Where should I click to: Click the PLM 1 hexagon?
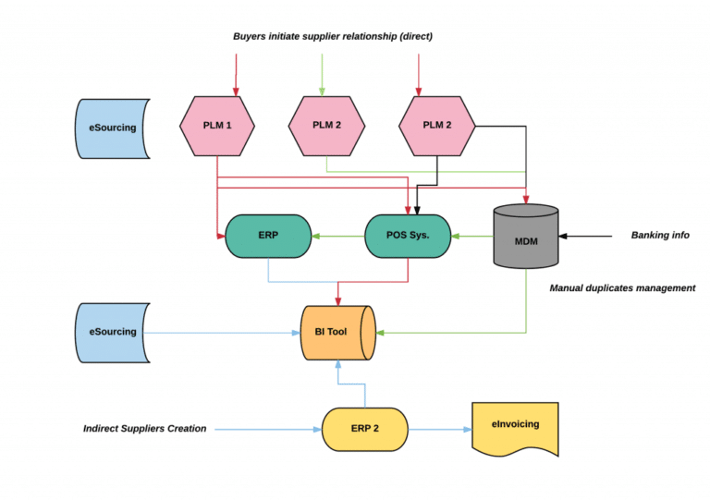[216, 126]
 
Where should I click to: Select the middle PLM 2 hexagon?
[327, 126]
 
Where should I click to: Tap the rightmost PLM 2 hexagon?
[437, 126]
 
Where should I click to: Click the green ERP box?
[268, 236]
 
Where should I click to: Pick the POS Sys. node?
[407, 236]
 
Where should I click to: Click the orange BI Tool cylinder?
[337, 331]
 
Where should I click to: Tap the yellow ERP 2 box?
[365, 429]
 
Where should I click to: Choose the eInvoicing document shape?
[515, 427]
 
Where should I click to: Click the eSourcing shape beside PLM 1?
[111, 127]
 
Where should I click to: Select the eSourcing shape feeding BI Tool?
[111, 331]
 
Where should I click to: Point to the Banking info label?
[660, 236]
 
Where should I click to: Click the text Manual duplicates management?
[621, 288]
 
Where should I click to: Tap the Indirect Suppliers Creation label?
[144, 429]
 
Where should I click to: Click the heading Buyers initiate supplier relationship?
[333, 37]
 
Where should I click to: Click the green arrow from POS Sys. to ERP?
[337, 237]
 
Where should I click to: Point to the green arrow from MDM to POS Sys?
[471, 237]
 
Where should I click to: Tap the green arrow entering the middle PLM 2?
[322, 74]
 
